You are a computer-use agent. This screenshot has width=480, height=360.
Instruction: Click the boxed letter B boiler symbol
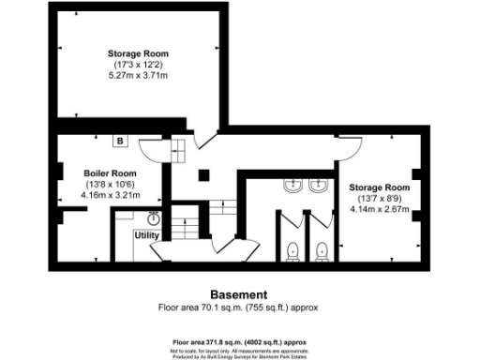119,142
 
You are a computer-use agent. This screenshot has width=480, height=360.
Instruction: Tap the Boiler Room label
110,173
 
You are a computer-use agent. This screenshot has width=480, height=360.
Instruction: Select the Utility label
147,234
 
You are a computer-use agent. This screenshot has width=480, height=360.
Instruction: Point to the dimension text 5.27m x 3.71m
138,75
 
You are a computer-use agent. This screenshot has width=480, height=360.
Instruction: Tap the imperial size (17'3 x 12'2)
138,65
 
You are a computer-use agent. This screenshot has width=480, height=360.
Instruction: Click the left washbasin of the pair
292,187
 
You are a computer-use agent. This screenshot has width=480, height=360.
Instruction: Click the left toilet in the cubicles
293,249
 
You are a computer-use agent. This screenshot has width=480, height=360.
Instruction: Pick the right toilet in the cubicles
321,249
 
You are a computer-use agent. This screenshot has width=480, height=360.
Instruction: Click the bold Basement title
239,293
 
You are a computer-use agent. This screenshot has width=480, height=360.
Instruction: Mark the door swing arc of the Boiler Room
151,150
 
